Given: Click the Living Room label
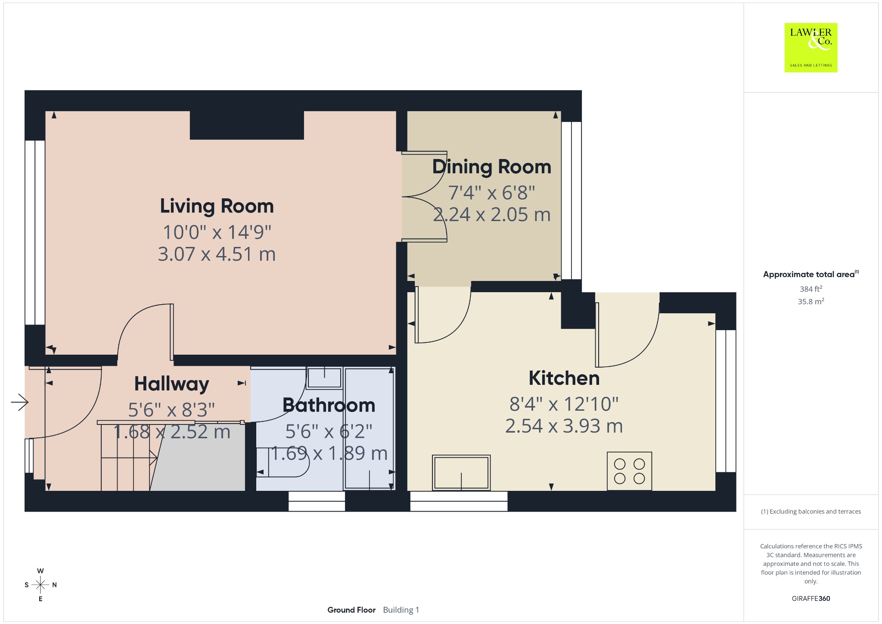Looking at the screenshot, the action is (x=217, y=206).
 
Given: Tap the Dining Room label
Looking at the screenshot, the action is (x=491, y=167).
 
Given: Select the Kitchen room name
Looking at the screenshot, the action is (x=564, y=378).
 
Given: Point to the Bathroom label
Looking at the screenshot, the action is (x=329, y=405).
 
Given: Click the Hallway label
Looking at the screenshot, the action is (x=171, y=384).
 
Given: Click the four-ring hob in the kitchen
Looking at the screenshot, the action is (x=629, y=471).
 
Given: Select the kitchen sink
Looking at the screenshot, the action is (x=461, y=472).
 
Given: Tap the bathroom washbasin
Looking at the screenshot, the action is (x=324, y=378).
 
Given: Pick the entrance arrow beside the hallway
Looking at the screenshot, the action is (x=20, y=402).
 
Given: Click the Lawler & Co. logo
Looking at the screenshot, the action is (x=811, y=47).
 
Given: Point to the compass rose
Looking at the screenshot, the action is (x=40, y=585).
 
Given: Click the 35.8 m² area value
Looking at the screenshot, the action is (x=811, y=301).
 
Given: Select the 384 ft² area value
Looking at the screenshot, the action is (x=811, y=289).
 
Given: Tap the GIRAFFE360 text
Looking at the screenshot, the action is (x=811, y=598).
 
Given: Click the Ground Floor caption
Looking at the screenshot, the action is (x=351, y=610).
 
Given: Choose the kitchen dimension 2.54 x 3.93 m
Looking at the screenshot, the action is (x=564, y=426).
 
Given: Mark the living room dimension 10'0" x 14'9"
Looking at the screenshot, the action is (x=217, y=232).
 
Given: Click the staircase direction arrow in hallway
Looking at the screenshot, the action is (x=129, y=457).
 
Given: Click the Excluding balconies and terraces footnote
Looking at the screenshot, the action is (x=811, y=512).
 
